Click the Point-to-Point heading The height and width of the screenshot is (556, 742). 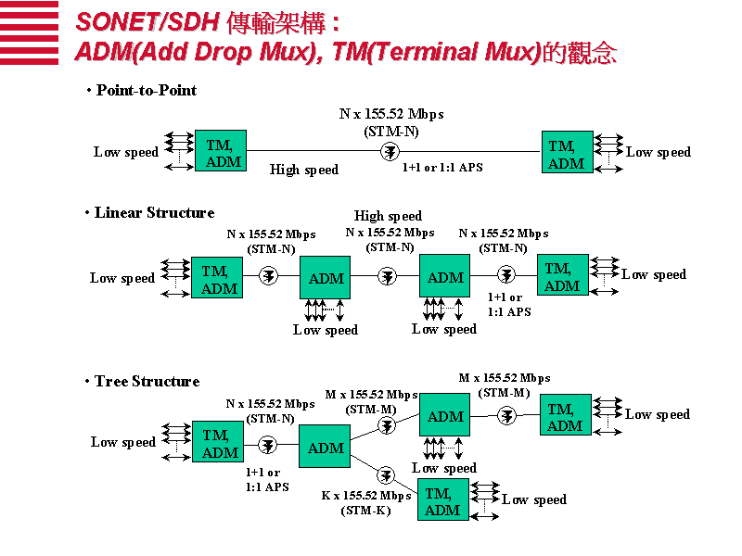(146, 90)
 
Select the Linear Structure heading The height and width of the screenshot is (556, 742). (154, 212)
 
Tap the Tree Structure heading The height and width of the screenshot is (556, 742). (147, 381)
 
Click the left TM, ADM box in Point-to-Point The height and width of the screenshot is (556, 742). (221, 152)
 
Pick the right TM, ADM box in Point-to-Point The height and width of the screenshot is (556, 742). (566, 153)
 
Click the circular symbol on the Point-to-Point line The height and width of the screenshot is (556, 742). (390, 151)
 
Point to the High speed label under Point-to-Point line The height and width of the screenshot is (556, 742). (304, 170)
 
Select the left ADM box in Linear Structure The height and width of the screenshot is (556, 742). (325, 277)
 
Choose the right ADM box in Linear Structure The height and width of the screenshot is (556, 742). (444, 276)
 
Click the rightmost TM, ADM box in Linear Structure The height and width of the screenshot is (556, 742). (562, 276)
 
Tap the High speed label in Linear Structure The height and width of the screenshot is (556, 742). (388, 216)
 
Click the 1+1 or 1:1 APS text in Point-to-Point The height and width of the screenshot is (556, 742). (441, 168)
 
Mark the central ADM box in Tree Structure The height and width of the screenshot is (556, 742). (325, 447)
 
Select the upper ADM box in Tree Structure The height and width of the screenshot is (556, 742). (444, 416)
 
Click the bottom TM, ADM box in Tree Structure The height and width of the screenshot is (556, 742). (442, 500)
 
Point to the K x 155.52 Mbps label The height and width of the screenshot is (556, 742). (366, 496)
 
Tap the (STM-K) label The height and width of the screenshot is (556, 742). (365, 511)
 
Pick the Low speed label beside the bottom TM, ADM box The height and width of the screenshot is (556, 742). (534, 499)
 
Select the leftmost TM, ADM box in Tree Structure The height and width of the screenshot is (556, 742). (218, 442)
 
